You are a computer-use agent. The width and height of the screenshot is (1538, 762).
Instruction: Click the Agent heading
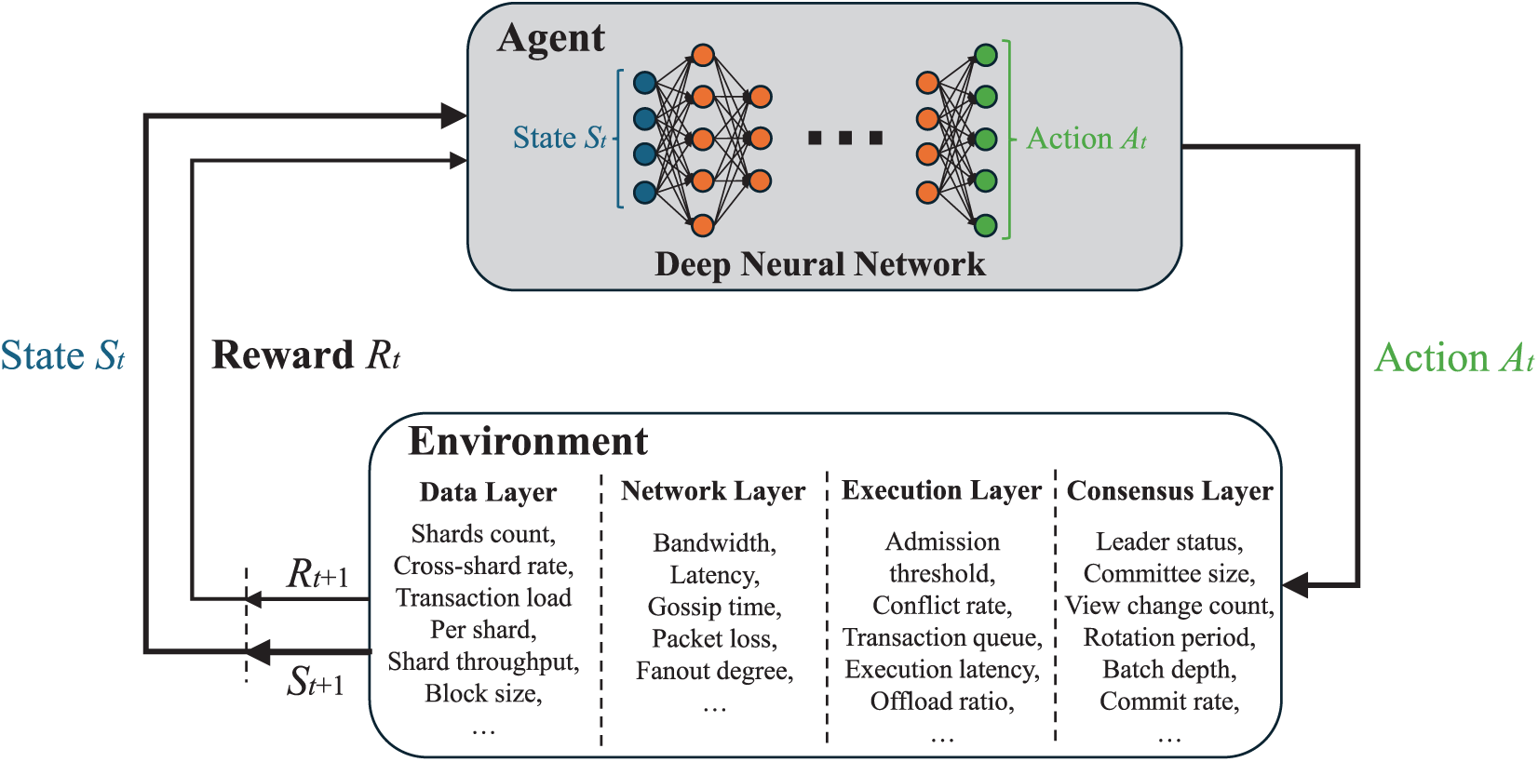551,39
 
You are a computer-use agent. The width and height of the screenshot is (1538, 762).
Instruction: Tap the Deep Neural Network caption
819,265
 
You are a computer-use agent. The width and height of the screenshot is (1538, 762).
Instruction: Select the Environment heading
528,442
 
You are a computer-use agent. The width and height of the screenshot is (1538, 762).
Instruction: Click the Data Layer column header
488,492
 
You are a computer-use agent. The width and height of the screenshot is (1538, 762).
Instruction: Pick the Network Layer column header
713,491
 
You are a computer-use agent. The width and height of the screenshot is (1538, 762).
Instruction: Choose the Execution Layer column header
941,490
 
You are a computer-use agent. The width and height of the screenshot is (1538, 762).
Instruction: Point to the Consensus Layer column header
1169,491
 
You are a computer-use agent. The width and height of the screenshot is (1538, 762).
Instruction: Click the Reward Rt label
305,355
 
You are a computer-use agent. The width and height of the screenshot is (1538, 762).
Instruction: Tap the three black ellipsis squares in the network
845,139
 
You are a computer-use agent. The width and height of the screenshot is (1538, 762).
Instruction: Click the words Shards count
483,534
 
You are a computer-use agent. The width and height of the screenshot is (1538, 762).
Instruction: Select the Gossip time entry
714,608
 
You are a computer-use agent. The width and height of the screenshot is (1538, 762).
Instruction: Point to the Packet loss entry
714,639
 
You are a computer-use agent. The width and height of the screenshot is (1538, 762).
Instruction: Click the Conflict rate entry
941,606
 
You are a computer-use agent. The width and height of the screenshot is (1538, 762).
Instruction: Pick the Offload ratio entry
941,702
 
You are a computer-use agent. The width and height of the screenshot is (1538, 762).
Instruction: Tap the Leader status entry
1169,542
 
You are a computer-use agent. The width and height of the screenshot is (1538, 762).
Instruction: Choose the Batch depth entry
1169,670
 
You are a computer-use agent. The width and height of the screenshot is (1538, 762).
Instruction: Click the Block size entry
483,694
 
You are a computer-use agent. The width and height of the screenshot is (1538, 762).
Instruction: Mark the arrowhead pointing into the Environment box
1296,585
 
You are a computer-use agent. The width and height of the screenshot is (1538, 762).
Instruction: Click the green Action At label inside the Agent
1086,140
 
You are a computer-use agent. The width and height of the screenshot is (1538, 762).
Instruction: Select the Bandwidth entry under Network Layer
714,543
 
